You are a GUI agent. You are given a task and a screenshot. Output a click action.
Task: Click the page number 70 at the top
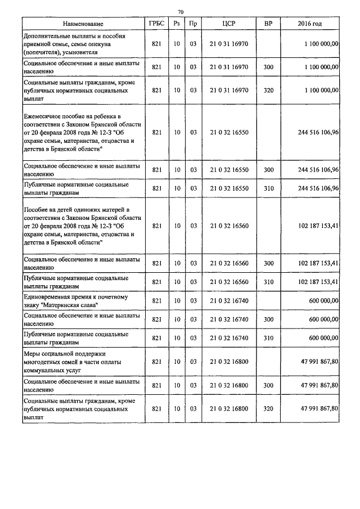click(x=181, y=11)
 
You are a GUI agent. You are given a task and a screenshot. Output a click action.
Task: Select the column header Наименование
click(x=83, y=24)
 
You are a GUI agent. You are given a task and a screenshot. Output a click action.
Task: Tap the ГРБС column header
click(x=157, y=24)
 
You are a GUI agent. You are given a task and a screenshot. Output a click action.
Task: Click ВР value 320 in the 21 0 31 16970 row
click(x=268, y=89)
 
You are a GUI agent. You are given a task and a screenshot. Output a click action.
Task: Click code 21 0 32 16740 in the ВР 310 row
click(x=228, y=337)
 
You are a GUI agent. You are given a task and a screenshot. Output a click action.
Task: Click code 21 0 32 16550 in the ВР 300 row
click(x=228, y=170)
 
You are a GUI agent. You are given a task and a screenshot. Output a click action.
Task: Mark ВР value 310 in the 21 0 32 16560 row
click(x=268, y=281)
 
